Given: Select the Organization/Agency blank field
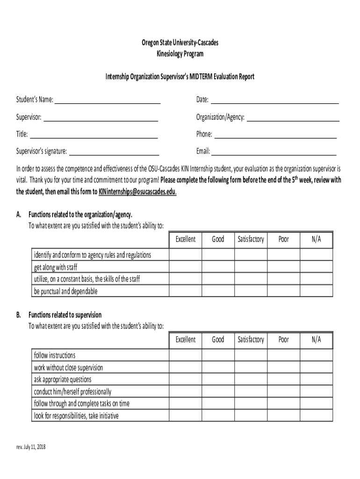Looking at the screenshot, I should (x=293, y=118).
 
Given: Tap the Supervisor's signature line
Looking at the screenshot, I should (x=114, y=152).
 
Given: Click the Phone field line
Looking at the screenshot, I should (x=275, y=135).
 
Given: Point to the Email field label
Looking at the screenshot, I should (x=203, y=152).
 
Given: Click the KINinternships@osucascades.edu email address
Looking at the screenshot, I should (x=137, y=192).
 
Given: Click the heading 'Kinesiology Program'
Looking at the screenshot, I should (x=180, y=54).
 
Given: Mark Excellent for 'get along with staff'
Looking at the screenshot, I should (x=185, y=267).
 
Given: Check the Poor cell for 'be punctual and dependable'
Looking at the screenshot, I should (x=283, y=291).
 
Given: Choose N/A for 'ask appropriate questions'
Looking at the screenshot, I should (x=316, y=379).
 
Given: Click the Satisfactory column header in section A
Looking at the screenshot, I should (x=251, y=239).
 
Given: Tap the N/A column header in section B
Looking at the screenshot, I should (x=316, y=340).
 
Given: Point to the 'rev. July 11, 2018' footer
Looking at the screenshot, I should (x=31, y=447).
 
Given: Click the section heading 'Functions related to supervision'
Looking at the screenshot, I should (x=65, y=315).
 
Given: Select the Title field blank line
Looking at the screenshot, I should (x=94, y=135).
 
